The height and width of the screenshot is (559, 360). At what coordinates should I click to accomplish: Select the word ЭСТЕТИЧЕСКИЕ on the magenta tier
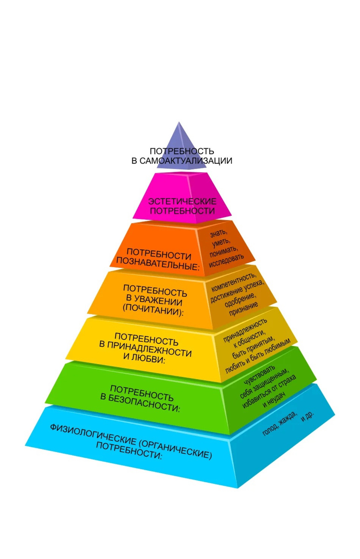click(x=183, y=201)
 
